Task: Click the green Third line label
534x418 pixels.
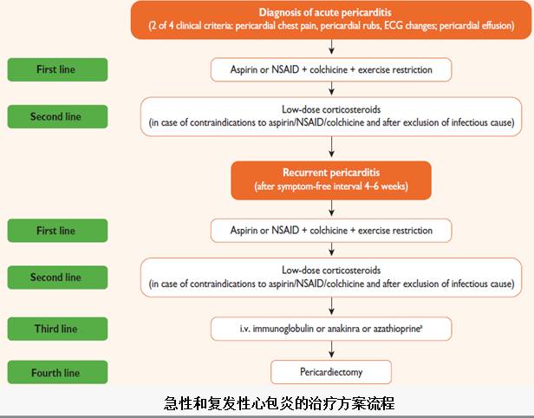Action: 56,329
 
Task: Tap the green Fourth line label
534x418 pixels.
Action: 56,373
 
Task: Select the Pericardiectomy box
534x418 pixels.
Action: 331,372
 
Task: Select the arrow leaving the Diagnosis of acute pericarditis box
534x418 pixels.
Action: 331,49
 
